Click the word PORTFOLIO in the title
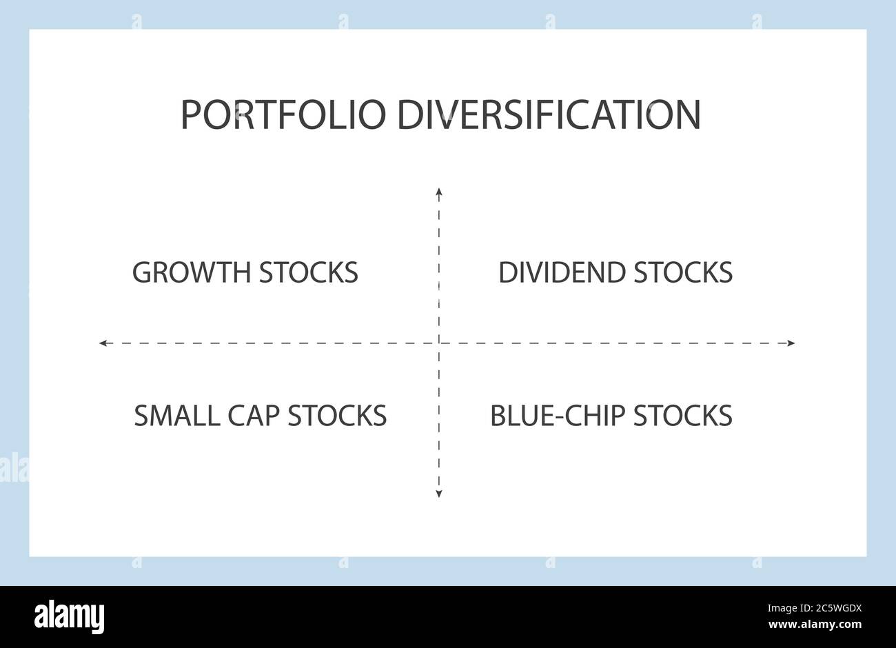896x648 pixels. (283, 114)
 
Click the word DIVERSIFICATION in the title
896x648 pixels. (549, 114)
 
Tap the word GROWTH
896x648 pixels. (191, 272)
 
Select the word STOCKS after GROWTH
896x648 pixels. (308, 272)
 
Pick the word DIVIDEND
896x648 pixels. (562, 272)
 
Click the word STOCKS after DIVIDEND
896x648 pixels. (683, 272)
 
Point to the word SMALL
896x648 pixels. (177, 416)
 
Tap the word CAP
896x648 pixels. (254, 416)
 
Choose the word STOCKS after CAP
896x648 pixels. (337, 416)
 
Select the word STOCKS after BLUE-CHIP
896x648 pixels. (683, 416)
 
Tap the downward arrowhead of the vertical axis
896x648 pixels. (439, 494)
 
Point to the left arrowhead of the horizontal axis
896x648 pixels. (103, 343)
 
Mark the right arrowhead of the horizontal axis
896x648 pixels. (791, 343)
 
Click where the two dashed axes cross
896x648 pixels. (439, 343)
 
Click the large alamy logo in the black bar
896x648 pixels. (69, 616)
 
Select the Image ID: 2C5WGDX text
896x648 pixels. (815, 609)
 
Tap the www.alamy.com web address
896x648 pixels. (815, 625)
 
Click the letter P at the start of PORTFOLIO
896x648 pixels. (190, 115)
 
